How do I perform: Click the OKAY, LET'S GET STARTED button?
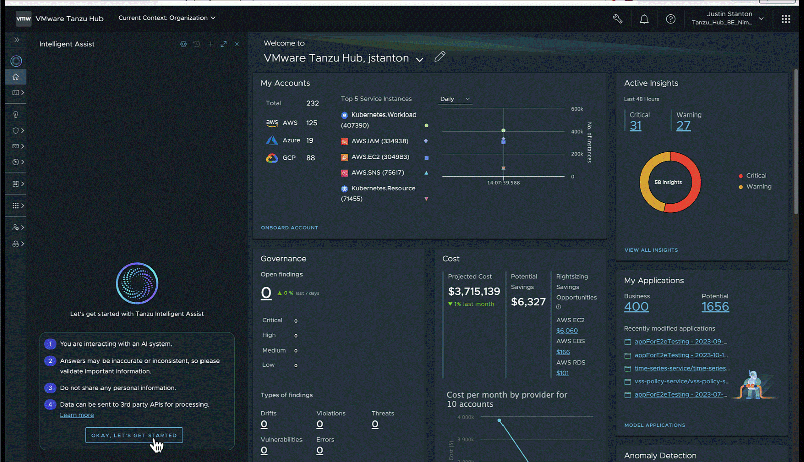pyautogui.click(x=134, y=435)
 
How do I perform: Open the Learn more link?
pyautogui.click(x=77, y=415)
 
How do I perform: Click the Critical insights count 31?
pyautogui.click(x=636, y=126)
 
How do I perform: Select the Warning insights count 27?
pyautogui.click(x=683, y=126)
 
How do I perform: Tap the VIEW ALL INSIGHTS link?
pyautogui.click(x=651, y=250)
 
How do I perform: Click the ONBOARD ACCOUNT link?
pyautogui.click(x=289, y=228)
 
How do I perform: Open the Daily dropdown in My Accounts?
pyautogui.click(x=455, y=99)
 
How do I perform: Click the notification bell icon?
pyautogui.click(x=644, y=19)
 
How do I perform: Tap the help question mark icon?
pyautogui.click(x=670, y=19)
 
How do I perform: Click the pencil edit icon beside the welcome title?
pyautogui.click(x=440, y=57)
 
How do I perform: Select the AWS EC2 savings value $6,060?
pyautogui.click(x=567, y=331)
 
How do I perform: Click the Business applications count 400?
pyautogui.click(x=636, y=307)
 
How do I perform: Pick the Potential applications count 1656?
pyautogui.click(x=715, y=307)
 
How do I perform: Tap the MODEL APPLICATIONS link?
pyautogui.click(x=654, y=425)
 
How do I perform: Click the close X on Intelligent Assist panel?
pyautogui.click(x=237, y=44)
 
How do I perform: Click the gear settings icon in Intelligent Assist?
pyautogui.click(x=183, y=44)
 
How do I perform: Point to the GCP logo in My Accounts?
pyautogui.click(x=272, y=158)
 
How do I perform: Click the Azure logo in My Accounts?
pyautogui.click(x=272, y=140)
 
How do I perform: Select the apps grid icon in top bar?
pyautogui.click(x=786, y=19)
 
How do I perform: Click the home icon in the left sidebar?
pyautogui.click(x=16, y=77)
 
